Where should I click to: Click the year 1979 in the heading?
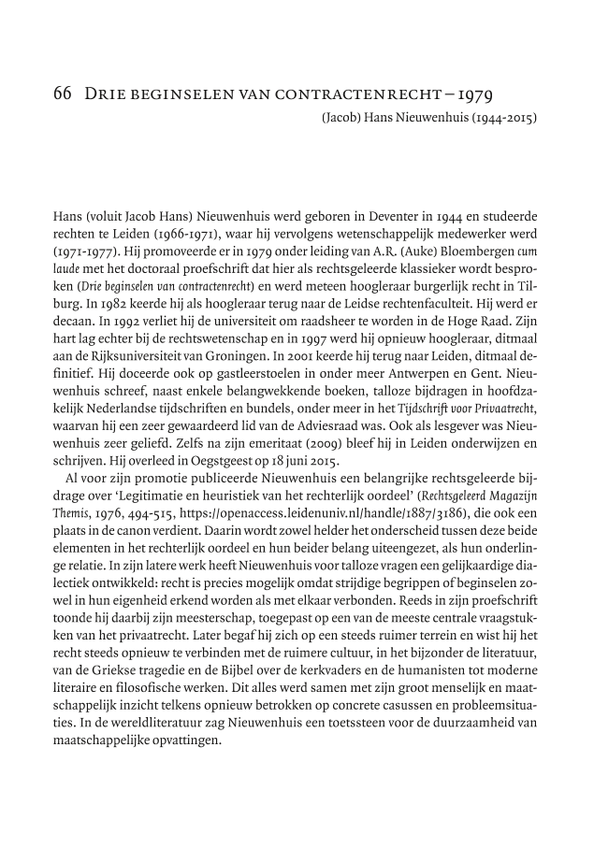(x=473, y=95)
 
